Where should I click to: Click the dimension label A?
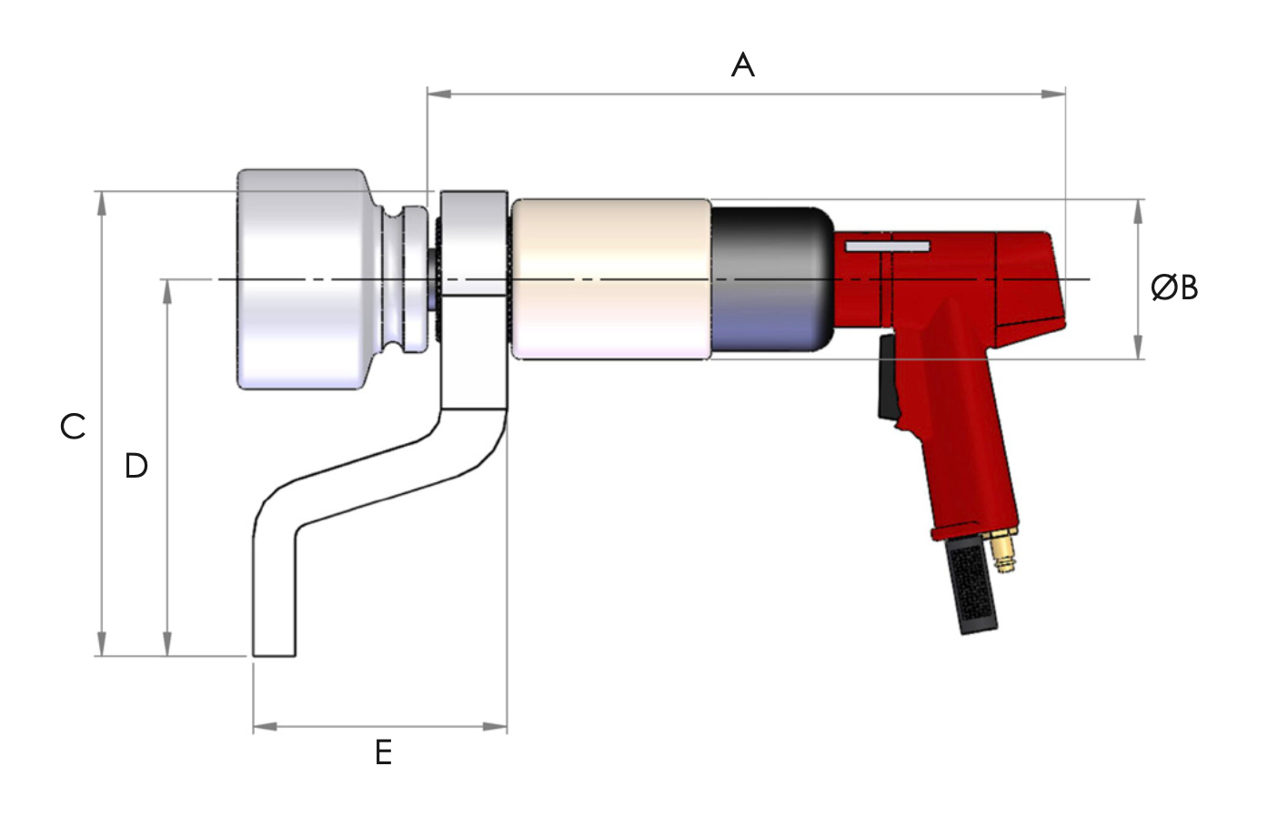click(742, 66)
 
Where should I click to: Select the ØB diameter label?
click(1173, 287)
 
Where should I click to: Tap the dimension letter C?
click(73, 426)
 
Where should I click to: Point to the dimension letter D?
click(136, 466)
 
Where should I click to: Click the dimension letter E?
click(383, 752)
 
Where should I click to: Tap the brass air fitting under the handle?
click(1004, 551)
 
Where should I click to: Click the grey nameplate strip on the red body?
click(887, 247)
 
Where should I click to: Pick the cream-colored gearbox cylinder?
click(610, 279)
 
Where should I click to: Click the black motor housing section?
click(770, 279)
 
